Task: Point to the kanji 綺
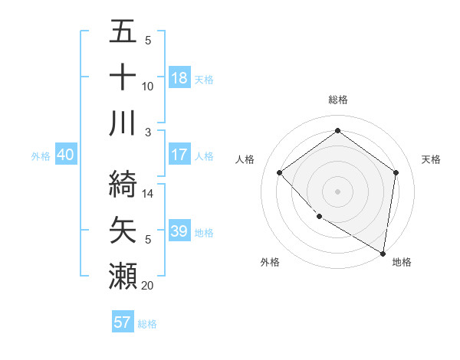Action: click(123, 182)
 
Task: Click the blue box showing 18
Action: click(179, 77)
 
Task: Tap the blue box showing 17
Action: click(179, 155)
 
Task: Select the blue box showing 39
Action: click(179, 231)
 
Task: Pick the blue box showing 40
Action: click(65, 155)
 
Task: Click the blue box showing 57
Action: click(123, 322)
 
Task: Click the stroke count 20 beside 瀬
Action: click(148, 286)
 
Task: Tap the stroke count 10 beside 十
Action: click(148, 87)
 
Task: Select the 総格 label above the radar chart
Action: click(337, 100)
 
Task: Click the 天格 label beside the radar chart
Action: click(431, 159)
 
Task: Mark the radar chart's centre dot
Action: click(337, 191)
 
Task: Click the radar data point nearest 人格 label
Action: click(280, 172)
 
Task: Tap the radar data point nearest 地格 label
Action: click(383, 253)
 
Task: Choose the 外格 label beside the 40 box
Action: click(41, 155)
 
